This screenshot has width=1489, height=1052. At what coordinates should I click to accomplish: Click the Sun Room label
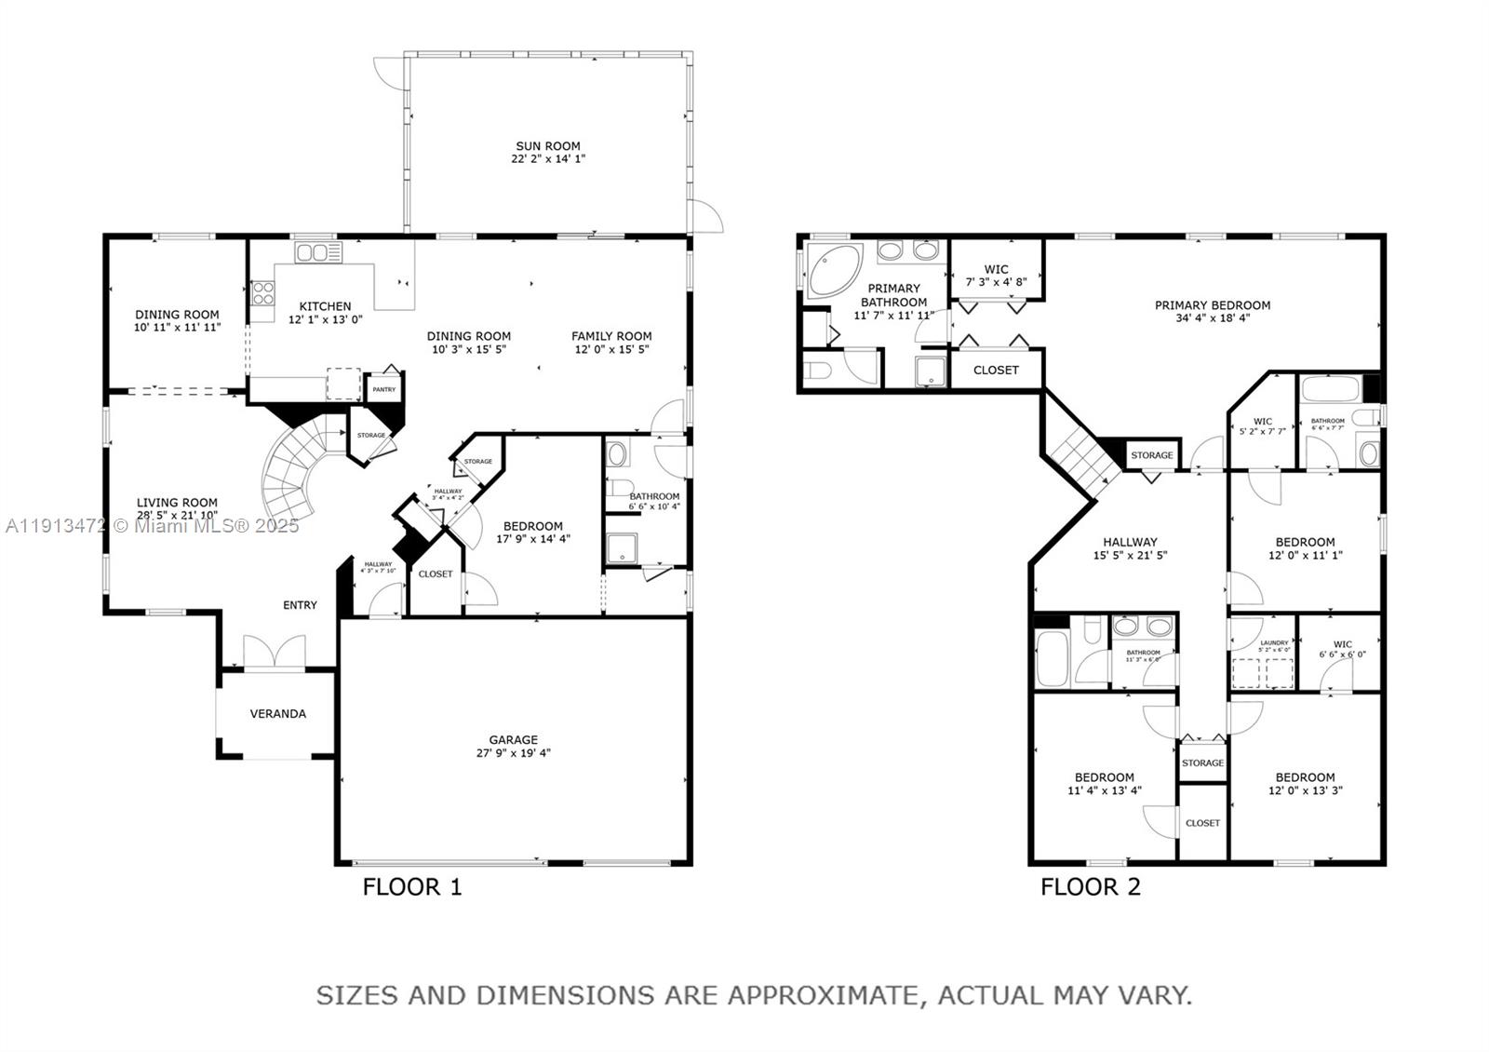click(x=548, y=146)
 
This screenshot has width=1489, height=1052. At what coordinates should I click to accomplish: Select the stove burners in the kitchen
click(x=262, y=294)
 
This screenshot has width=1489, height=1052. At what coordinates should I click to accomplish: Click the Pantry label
click(x=383, y=389)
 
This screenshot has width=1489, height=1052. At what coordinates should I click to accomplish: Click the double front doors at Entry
click(x=275, y=652)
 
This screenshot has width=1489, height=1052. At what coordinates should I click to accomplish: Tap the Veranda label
click(x=277, y=714)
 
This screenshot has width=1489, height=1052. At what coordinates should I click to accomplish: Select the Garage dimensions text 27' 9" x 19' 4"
click(x=513, y=753)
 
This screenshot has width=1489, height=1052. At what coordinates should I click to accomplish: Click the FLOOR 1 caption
click(x=411, y=887)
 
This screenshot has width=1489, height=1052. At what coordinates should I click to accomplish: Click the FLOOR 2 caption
click(x=1090, y=887)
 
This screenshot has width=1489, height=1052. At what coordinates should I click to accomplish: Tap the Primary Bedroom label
click(x=1212, y=305)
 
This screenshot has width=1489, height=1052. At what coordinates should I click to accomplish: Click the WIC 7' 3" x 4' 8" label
click(x=996, y=276)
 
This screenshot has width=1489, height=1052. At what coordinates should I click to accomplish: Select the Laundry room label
click(x=1274, y=642)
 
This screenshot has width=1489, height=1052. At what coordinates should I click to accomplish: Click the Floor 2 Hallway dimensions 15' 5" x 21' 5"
click(x=1130, y=555)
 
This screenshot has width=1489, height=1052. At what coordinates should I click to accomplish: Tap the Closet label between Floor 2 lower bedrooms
click(x=1202, y=823)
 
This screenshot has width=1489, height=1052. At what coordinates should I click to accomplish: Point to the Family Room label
click(x=611, y=336)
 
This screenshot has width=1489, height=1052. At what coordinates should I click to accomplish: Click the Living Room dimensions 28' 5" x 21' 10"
click(x=177, y=515)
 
